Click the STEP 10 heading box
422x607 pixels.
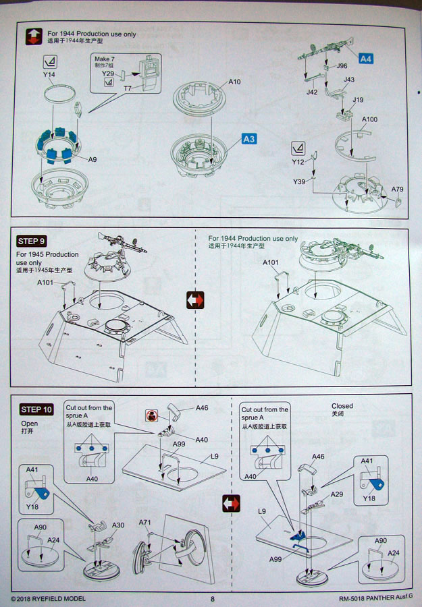pyautogui.click(x=37, y=409)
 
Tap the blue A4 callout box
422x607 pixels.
pyautogui.click(x=365, y=59)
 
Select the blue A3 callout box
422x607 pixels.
pyautogui.click(x=248, y=139)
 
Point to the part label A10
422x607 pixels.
pyautogui.click(x=234, y=82)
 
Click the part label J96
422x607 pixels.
pyautogui.click(x=341, y=66)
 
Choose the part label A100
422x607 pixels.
pyautogui.click(x=369, y=119)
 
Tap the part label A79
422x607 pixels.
pyautogui.click(x=397, y=189)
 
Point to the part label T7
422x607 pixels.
pyautogui.click(x=127, y=88)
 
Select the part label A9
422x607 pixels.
pyautogui.click(x=93, y=159)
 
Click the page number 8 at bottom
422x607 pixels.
pyautogui.click(x=212, y=598)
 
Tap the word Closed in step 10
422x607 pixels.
pyautogui.click(x=342, y=406)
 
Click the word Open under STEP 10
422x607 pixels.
pyautogui.click(x=30, y=424)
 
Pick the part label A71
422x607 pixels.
pyautogui.click(x=145, y=523)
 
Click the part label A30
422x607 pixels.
pyautogui.click(x=118, y=525)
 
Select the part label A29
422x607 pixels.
pyautogui.click(x=336, y=494)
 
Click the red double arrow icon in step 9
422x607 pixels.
pyautogui.click(x=195, y=299)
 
